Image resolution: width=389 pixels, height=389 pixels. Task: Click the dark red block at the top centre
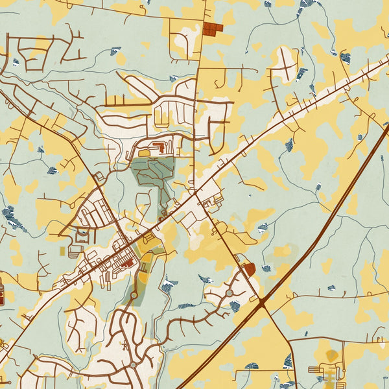[212, 29]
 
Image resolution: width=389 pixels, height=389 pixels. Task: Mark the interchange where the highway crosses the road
[262, 302]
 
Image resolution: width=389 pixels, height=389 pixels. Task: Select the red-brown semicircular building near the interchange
[247, 268]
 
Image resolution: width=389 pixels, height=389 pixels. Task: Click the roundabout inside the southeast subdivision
[229, 294]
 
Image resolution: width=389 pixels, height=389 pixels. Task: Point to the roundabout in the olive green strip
[134, 295]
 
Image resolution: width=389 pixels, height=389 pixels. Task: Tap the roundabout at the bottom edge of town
[133, 365]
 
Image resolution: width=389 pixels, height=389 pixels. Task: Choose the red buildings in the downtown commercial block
[126, 263]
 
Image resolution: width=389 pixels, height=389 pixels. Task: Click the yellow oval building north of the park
[143, 152]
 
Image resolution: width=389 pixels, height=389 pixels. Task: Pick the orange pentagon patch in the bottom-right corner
[332, 355]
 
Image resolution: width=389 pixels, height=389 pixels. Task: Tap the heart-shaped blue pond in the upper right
[346, 58]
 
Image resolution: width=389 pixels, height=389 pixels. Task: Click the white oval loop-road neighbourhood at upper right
[283, 62]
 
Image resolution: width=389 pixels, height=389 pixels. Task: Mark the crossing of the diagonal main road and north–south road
[194, 193]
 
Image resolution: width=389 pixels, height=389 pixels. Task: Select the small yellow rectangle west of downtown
[62, 250]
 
